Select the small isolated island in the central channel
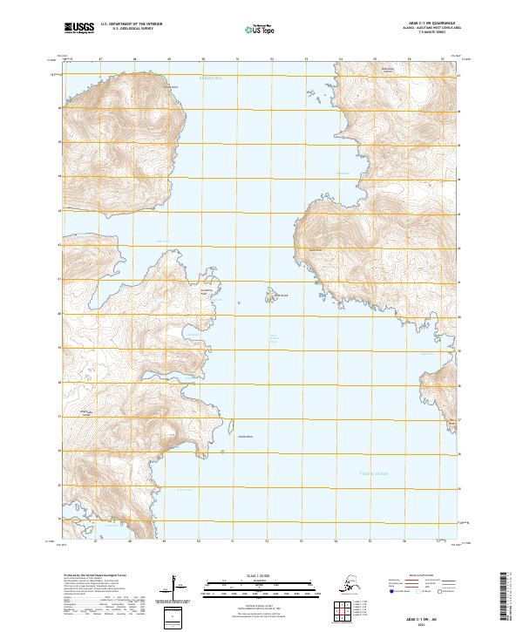(270, 296)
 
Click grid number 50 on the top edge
(203, 58)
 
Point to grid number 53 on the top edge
(306, 58)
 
